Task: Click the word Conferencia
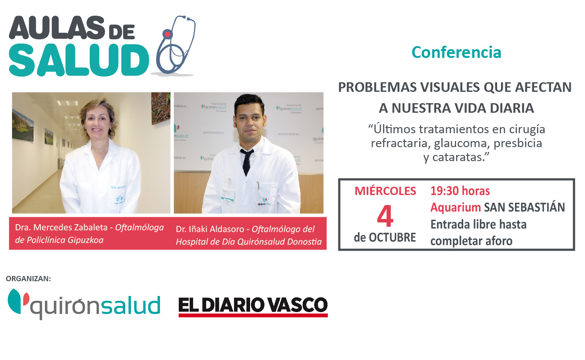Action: pyautogui.click(x=456, y=52)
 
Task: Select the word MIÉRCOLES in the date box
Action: pyautogui.click(x=385, y=191)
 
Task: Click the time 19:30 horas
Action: pyautogui.click(x=460, y=191)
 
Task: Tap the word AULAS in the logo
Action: pyautogui.click(x=57, y=29)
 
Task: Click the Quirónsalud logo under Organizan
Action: pyautogui.click(x=84, y=303)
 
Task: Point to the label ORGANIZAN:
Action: pyautogui.click(x=29, y=279)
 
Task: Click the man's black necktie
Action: pyautogui.click(x=247, y=161)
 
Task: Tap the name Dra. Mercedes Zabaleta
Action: pyautogui.click(x=64, y=227)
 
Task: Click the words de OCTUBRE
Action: pyautogui.click(x=384, y=238)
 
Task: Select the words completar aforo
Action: pyautogui.click(x=471, y=241)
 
